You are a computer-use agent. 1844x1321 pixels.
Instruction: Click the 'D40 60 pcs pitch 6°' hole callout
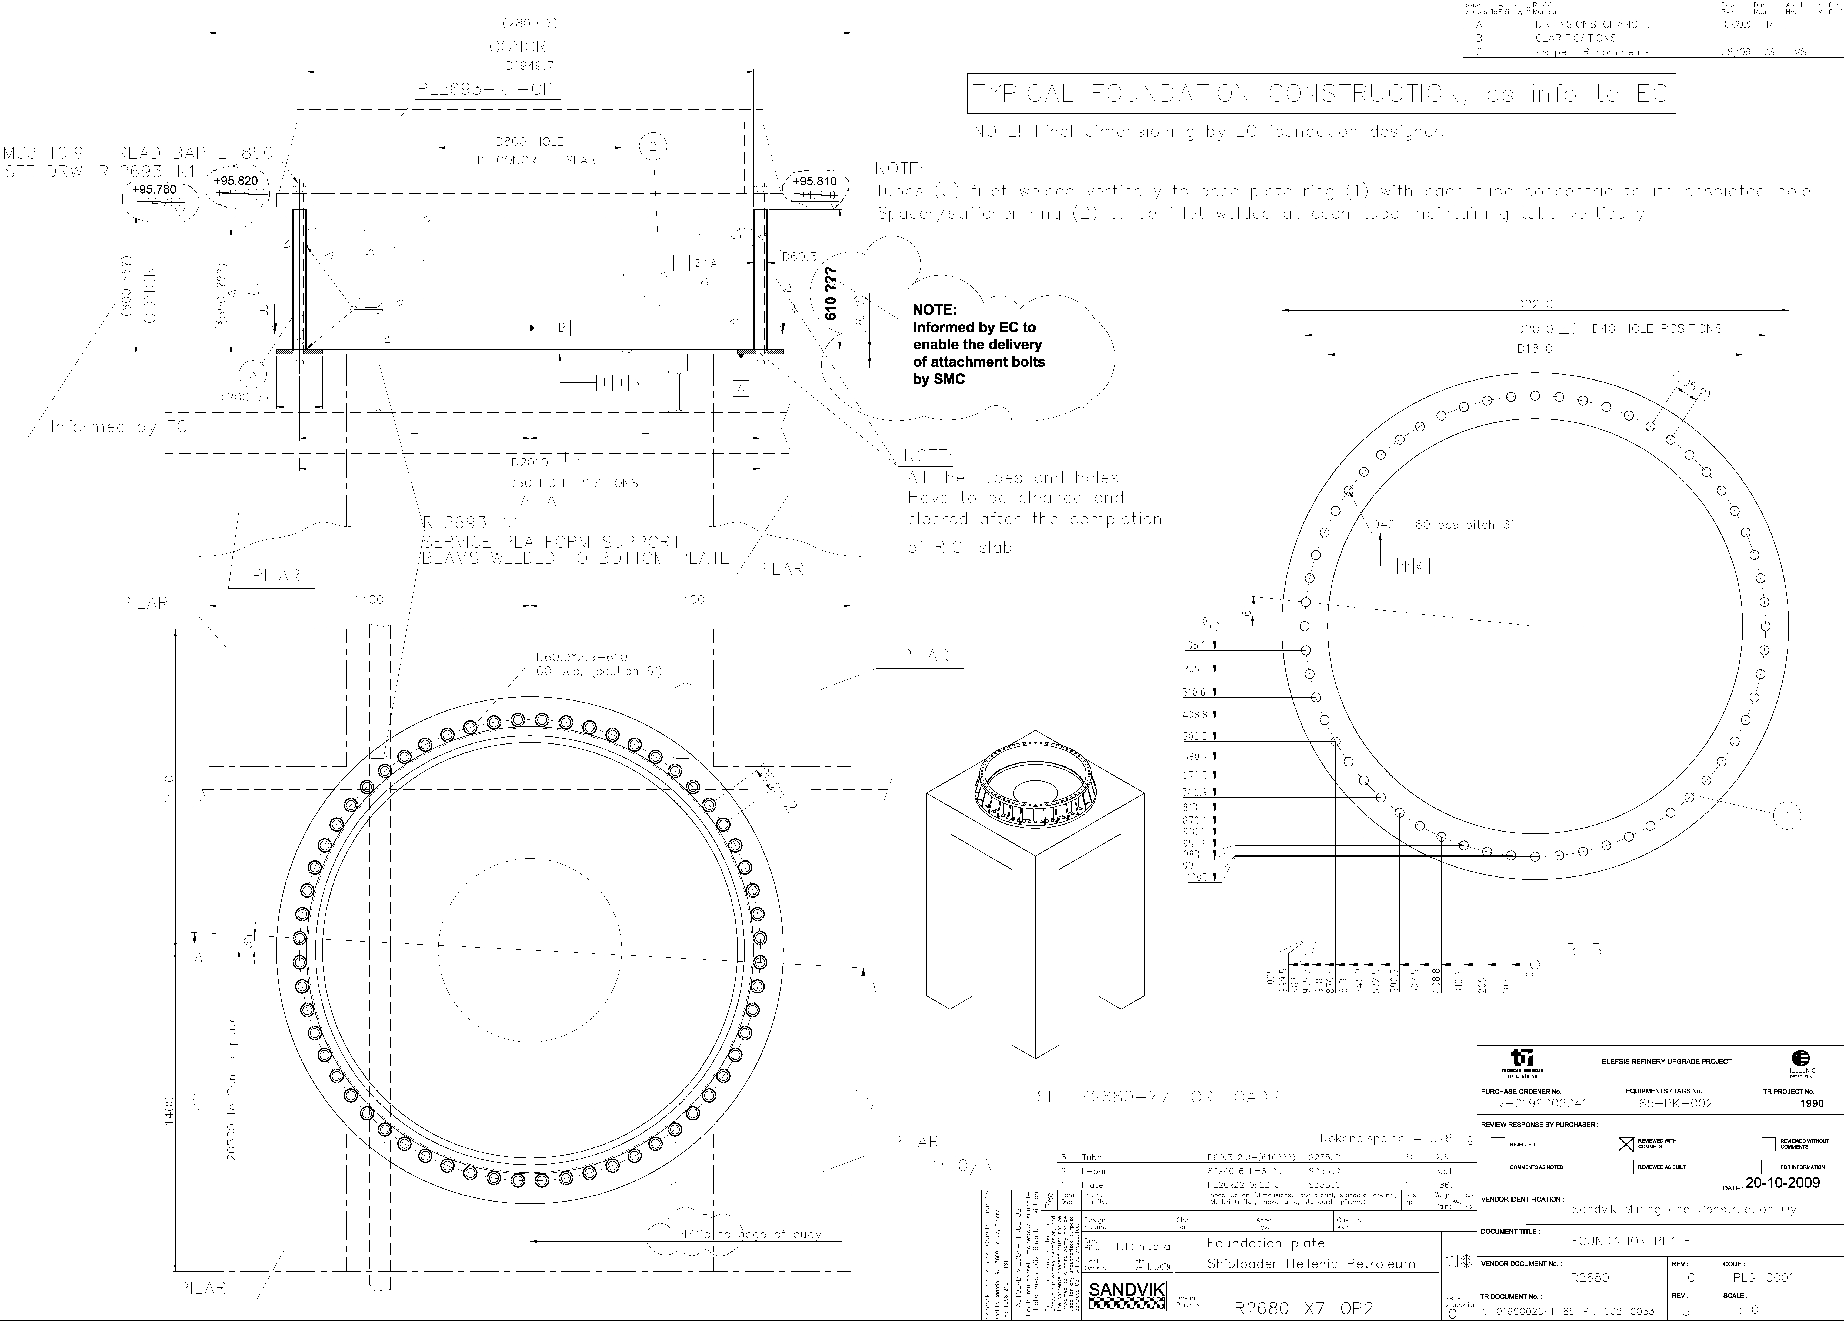pos(1443,525)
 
